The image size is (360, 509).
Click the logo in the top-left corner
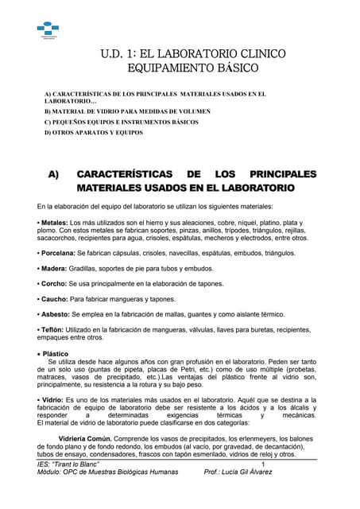click(x=48, y=28)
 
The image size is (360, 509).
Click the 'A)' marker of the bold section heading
click(x=55, y=173)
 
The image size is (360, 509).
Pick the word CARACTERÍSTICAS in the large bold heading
click(x=123, y=173)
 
